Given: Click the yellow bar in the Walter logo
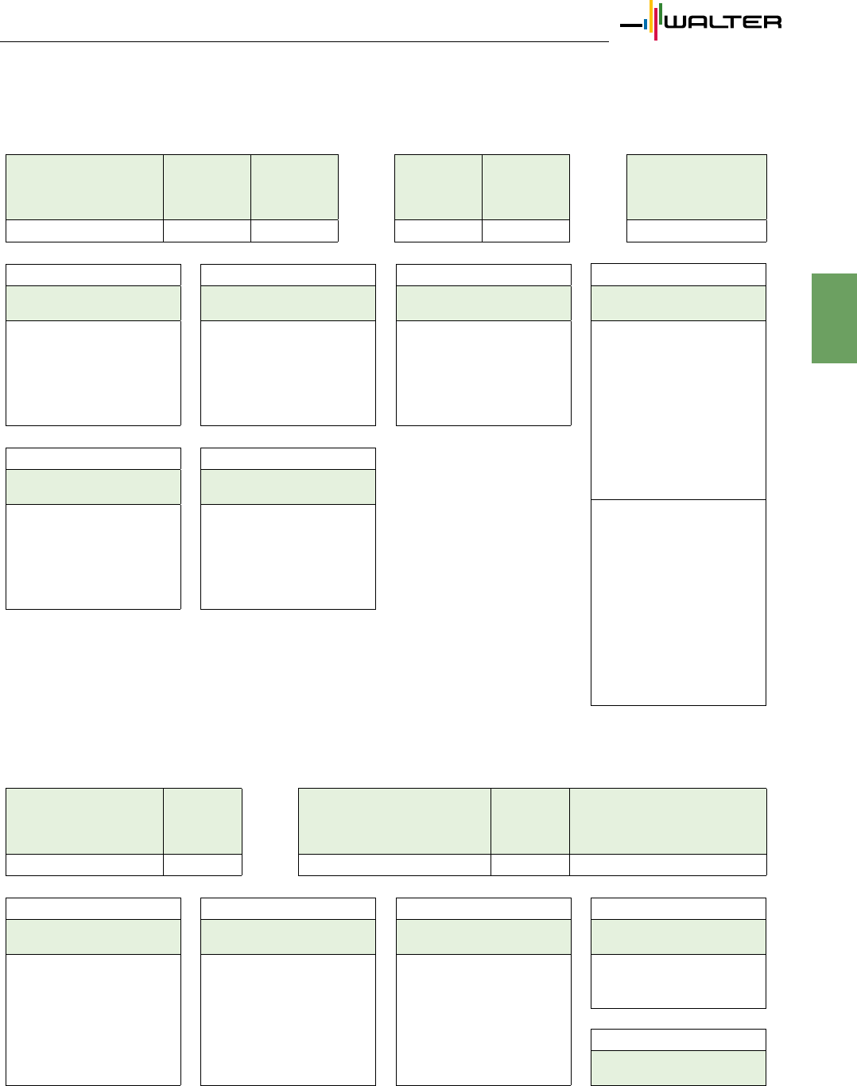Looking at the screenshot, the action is coord(651,16).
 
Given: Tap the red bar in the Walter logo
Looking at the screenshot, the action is coord(656,24).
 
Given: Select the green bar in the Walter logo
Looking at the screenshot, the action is coord(660,14).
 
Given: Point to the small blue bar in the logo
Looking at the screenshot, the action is coord(646,24).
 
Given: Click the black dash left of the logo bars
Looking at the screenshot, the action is coord(631,25).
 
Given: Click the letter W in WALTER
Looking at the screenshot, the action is coord(677,22).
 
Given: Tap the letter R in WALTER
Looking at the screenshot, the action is coord(773,22).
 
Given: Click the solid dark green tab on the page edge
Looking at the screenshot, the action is coord(834,319).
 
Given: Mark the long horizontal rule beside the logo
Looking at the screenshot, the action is coord(304,41).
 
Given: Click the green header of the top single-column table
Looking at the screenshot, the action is coord(696,187).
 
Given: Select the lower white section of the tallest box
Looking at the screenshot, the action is coord(678,603).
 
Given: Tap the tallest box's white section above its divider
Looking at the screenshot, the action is coord(678,410).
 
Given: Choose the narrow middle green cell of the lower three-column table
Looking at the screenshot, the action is coord(530,821).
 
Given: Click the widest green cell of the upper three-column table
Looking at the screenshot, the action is coord(84,187).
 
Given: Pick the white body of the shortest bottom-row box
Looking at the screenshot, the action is coord(678,981).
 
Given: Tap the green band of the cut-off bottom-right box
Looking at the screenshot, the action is coord(678,1069).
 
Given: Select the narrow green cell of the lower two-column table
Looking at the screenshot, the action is coord(203,821).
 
